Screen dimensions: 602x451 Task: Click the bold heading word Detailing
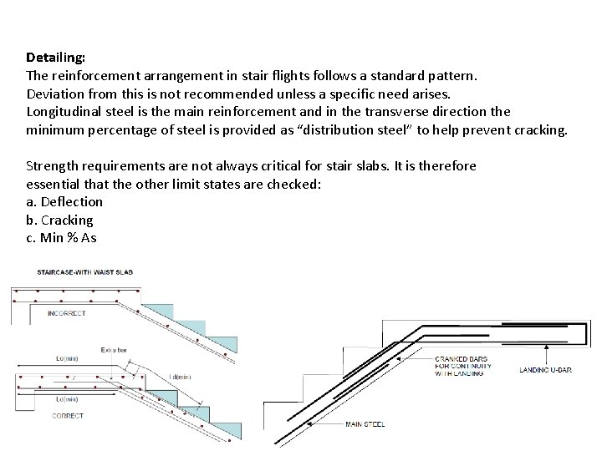coord(55,58)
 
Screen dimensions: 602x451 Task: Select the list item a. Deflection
coord(64,201)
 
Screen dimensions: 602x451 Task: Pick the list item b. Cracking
coord(59,220)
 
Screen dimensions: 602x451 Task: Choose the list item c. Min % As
coord(61,238)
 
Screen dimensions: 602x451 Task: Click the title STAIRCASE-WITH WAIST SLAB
coord(84,272)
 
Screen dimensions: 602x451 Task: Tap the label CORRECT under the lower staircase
coord(68,415)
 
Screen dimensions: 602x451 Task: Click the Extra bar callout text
coord(115,349)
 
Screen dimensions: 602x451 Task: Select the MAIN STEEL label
coord(365,424)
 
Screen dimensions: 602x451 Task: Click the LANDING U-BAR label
coord(546,368)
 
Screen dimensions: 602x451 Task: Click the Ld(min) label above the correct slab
coord(66,358)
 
